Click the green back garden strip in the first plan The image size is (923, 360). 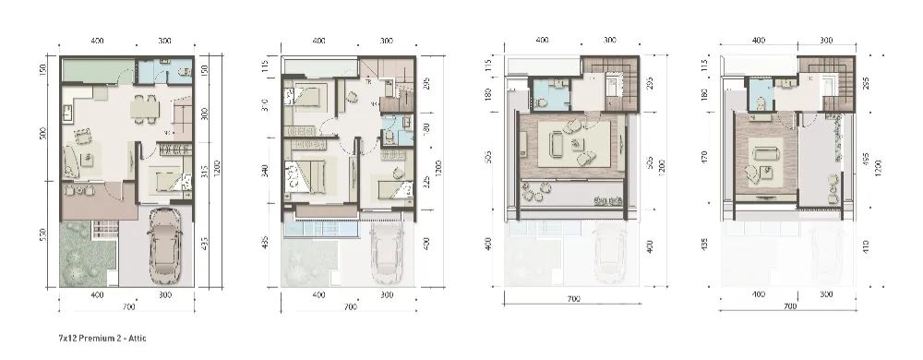[x=96, y=71]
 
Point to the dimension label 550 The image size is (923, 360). [x=44, y=235]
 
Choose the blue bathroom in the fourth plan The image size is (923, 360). [x=761, y=94]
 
